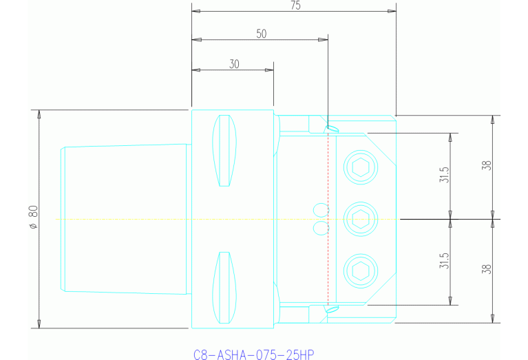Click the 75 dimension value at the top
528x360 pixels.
tap(295, 6)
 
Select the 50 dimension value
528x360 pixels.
tap(261, 33)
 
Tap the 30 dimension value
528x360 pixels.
tap(234, 63)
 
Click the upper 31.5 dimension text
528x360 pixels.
tap(445, 176)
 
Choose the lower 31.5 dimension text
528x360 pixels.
tap(445, 262)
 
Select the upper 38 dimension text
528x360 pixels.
tap(487, 166)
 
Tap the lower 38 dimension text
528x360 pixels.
tap(487, 271)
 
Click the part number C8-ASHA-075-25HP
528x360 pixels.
tap(253, 354)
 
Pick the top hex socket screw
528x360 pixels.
tap(361, 167)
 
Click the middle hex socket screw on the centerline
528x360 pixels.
tap(361, 219)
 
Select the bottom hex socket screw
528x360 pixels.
tap(361, 271)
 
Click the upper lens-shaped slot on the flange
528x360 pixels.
tap(224, 151)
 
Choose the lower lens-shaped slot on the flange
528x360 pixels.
tap(224, 287)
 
